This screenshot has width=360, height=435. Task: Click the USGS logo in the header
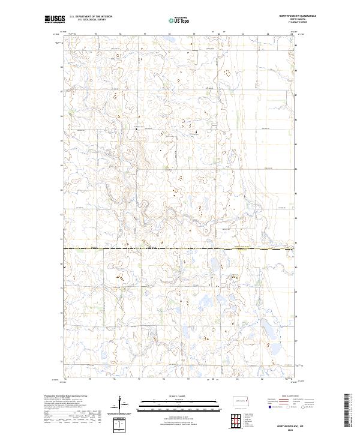(x=55, y=20)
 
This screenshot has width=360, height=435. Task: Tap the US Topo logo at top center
(x=180, y=21)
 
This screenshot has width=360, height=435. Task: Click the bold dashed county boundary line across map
(x=180, y=248)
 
